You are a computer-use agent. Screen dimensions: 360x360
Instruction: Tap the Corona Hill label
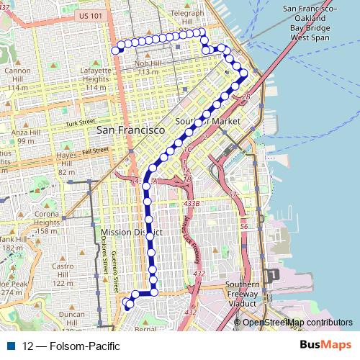click(47, 218)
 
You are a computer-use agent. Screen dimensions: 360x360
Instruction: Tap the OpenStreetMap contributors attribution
click(297, 322)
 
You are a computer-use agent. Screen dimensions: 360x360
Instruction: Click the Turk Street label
click(80, 124)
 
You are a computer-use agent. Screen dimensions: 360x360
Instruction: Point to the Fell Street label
click(93, 151)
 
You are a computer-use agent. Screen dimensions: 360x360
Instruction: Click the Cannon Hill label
click(17, 75)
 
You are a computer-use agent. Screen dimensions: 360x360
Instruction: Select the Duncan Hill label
click(72, 319)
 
